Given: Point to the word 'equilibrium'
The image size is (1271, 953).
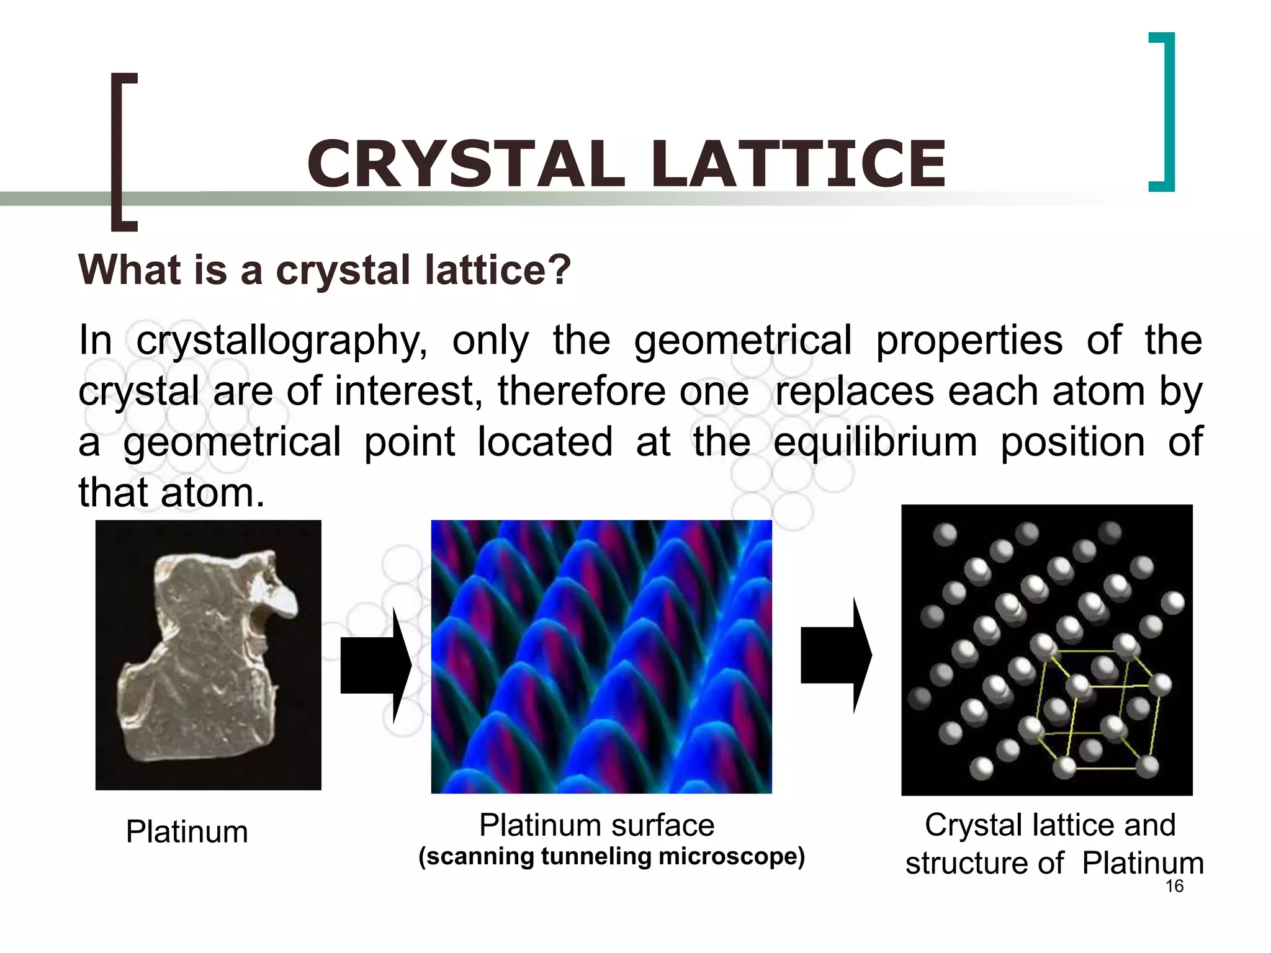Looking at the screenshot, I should click(875, 443).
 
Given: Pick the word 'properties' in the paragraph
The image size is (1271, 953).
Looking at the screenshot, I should click(969, 341).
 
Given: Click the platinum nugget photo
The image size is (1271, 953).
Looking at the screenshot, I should click(208, 655).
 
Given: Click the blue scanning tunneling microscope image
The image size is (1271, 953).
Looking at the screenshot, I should click(601, 656).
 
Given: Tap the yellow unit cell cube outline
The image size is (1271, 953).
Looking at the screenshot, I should click(1098, 710).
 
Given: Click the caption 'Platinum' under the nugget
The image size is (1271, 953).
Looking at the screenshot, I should click(187, 831).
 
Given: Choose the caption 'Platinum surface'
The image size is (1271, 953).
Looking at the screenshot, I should click(596, 825).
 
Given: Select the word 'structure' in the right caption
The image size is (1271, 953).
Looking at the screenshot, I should click(984, 864).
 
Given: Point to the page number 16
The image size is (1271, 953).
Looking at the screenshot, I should click(1174, 886).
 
